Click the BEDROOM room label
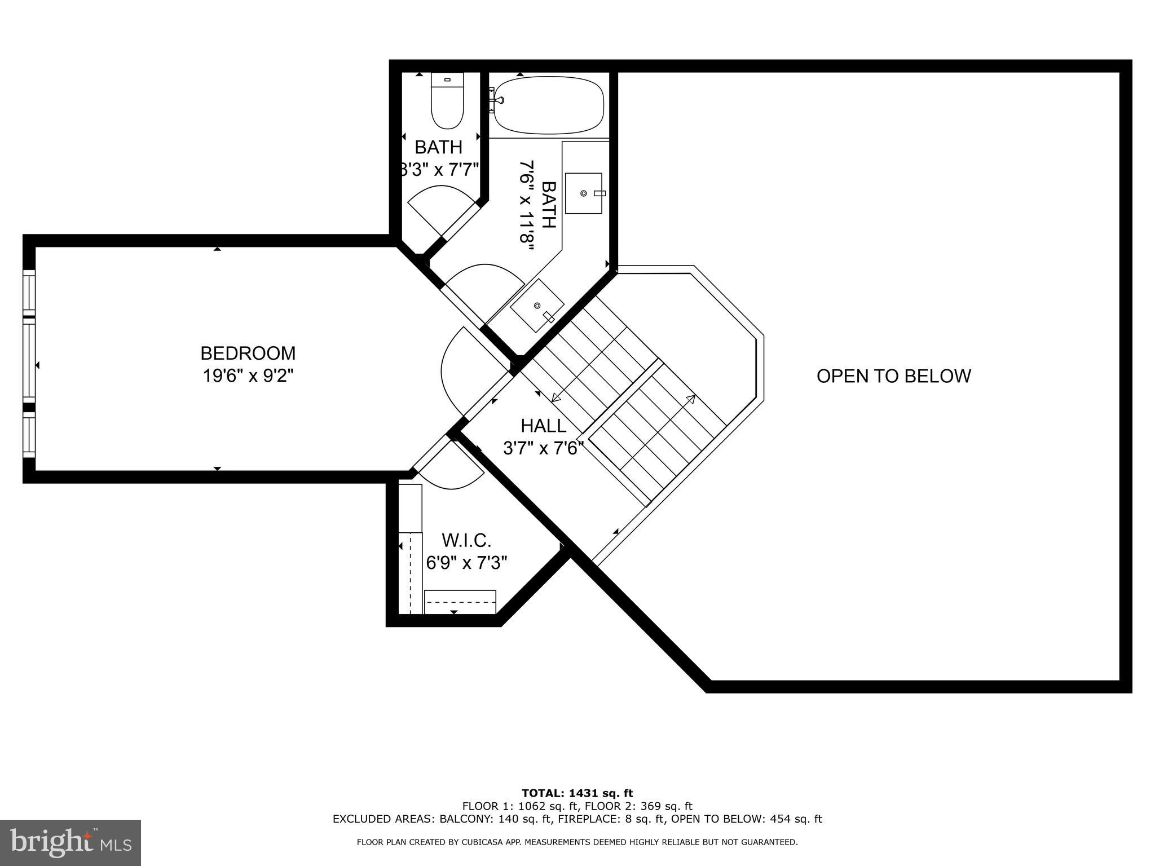coord(248,354)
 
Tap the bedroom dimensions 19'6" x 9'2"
coord(248,375)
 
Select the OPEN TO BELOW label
coord(894,376)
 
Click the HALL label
coord(543,425)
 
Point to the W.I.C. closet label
coord(466,541)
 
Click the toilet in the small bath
coord(447,100)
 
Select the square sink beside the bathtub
coord(584,193)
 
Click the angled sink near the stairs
coord(537,305)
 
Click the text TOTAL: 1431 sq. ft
coord(577,794)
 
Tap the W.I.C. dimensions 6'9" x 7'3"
coord(466,563)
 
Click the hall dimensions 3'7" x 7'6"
coord(543,448)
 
